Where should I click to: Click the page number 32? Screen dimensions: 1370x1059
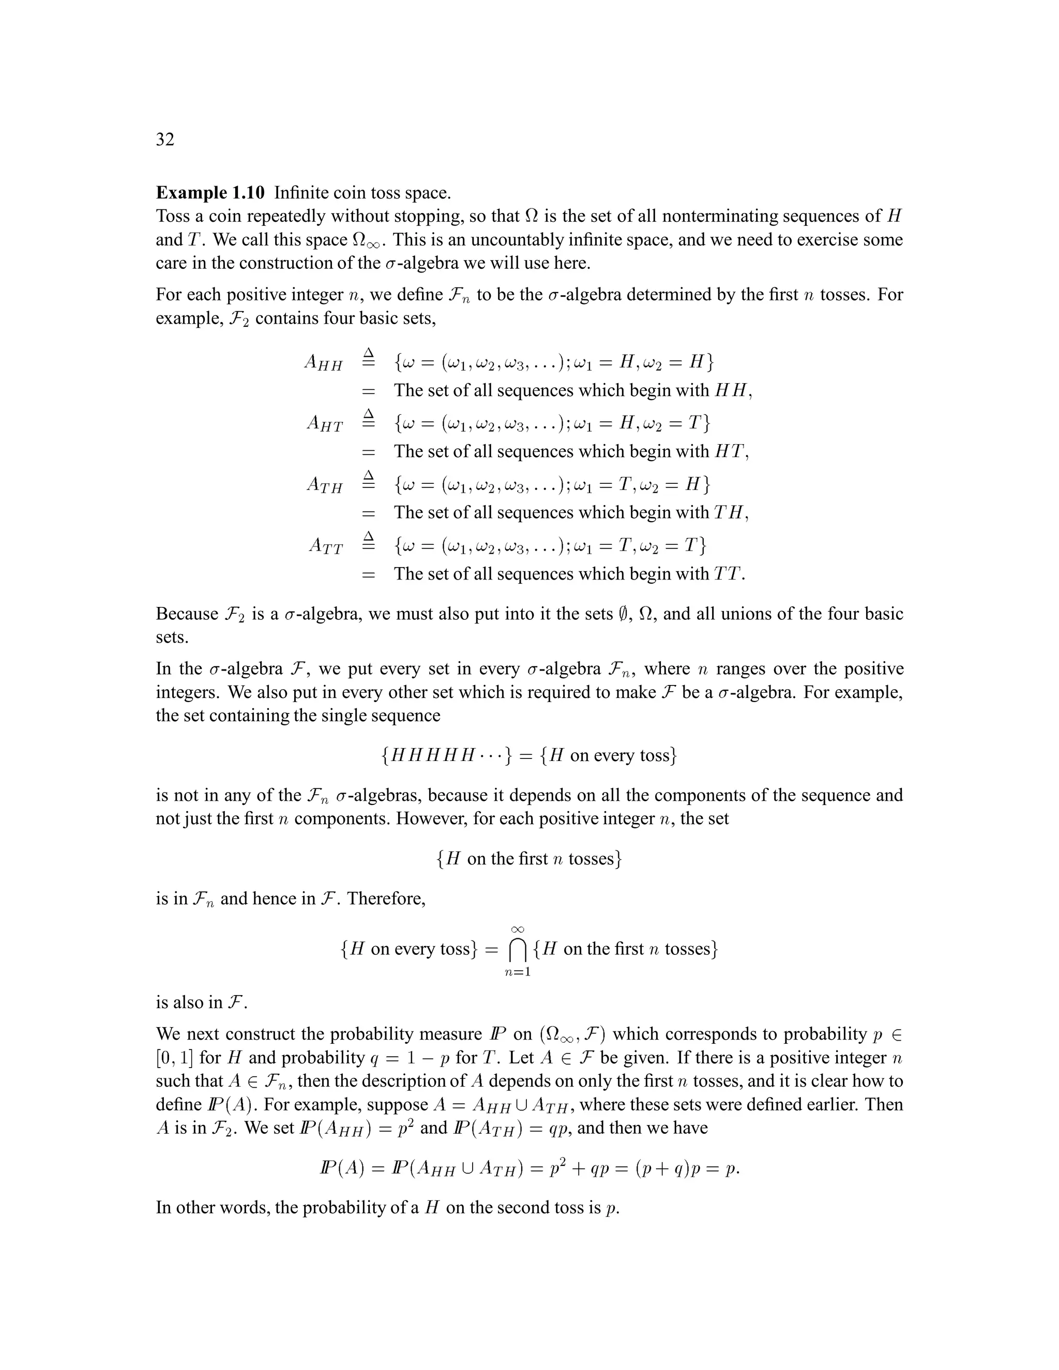(165, 139)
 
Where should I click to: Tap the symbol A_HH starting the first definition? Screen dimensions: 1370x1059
(323, 362)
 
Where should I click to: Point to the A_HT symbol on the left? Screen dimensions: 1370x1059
(324, 424)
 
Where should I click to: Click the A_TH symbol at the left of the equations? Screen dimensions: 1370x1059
(324, 485)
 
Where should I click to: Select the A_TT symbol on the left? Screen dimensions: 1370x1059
(326, 546)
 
